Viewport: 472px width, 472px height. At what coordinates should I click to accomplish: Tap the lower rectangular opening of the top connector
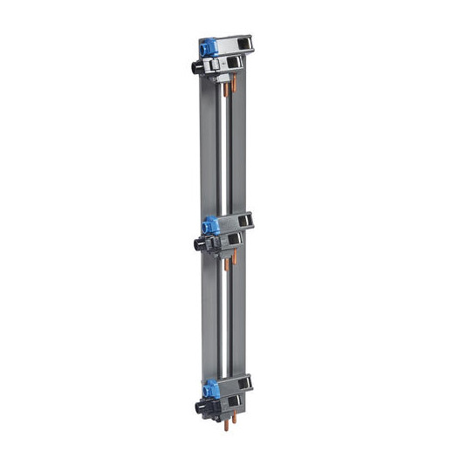pyautogui.click(x=235, y=63)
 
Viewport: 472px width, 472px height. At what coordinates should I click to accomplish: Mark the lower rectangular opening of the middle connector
pyautogui.click(x=235, y=239)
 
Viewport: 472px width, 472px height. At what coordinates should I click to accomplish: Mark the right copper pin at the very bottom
pyautogui.click(x=233, y=427)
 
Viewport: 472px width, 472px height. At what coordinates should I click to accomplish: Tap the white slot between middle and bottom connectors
pyautogui.click(x=230, y=323)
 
